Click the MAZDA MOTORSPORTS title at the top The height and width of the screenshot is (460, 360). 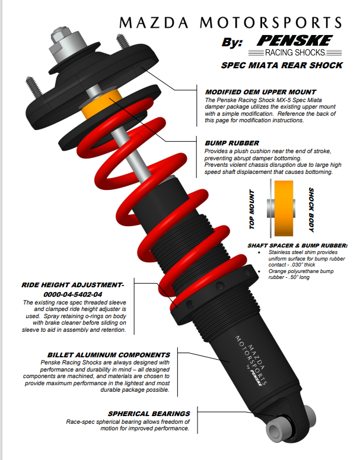tap(231, 24)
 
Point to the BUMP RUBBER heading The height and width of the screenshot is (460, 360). tap(231, 143)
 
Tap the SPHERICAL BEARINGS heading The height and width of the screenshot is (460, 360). tap(149, 413)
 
